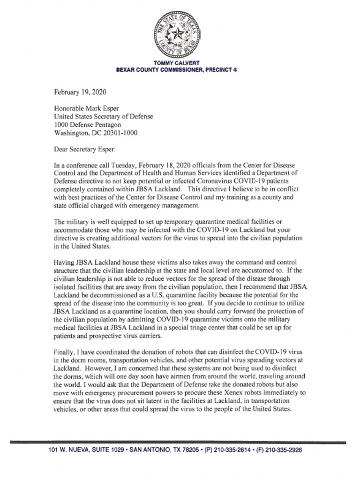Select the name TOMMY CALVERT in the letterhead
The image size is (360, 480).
tap(176, 63)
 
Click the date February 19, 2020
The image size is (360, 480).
tap(80, 91)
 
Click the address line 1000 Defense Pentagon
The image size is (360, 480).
tap(88, 125)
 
